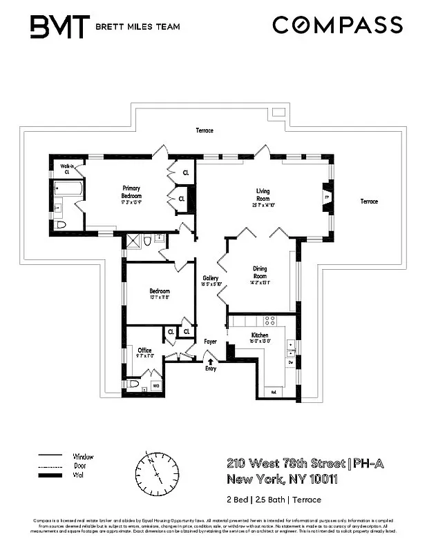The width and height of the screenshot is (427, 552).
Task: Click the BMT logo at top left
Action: (59, 27)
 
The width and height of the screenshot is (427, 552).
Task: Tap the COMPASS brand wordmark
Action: (337, 26)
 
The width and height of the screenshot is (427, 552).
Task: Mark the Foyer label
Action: (210, 342)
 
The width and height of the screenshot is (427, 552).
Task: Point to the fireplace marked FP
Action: (327, 197)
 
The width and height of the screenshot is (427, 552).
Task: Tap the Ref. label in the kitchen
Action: (273, 392)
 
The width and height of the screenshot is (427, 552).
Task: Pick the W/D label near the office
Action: (156, 385)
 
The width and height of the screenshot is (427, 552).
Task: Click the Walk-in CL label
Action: (68, 169)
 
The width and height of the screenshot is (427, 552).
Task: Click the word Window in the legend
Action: (83, 457)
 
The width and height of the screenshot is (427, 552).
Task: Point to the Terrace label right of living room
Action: (369, 201)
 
